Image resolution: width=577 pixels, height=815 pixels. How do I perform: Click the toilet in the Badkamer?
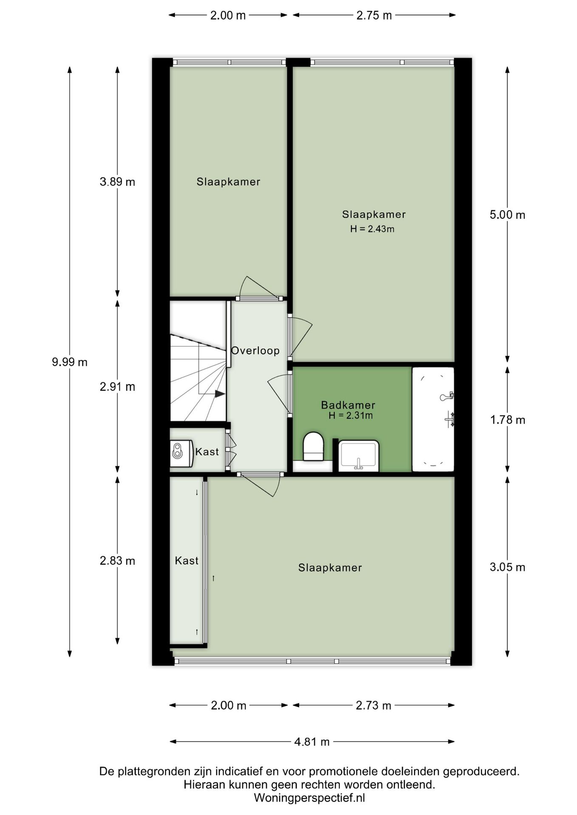pos(313,447)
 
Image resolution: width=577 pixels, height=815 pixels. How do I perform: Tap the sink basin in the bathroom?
pos(359,456)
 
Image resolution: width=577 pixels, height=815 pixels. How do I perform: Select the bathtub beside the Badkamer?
pos(433,419)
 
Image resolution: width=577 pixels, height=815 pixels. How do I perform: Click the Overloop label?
pos(255,351)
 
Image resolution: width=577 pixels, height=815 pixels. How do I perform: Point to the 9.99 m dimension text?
pos(70,362)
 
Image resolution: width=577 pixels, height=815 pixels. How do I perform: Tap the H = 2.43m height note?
pos(372,229)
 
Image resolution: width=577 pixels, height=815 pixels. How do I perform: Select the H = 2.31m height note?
pos(351,416)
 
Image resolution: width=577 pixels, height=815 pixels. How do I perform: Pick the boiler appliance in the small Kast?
pos(177,451)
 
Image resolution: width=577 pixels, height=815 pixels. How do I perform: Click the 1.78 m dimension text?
pos(508,420)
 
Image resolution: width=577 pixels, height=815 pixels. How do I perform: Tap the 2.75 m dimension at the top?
pos(374,15)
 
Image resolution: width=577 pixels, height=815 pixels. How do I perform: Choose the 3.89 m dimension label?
pos(117,182)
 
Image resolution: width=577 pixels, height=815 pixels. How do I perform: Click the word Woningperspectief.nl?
pos(309,798)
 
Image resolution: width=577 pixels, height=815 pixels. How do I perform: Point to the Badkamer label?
pos(348,405)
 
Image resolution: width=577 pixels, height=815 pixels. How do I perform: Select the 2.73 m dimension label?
pos(373,705)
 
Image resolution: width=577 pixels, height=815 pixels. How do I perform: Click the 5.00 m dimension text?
pos(507,215)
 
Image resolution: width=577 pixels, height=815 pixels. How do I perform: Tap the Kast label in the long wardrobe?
pos(187,561)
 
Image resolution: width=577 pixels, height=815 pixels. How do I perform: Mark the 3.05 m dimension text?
pos(507,567)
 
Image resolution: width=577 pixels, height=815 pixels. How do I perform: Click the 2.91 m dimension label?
pos(117,387)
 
